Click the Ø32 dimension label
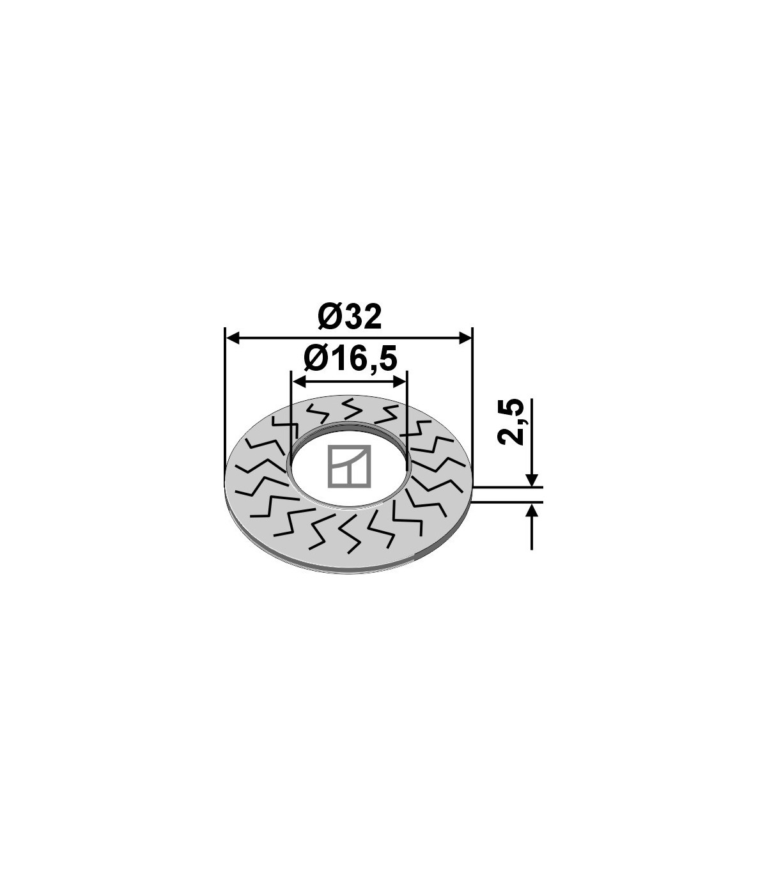point(349,317)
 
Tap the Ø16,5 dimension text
point(350,359)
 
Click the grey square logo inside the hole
point(349,467)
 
